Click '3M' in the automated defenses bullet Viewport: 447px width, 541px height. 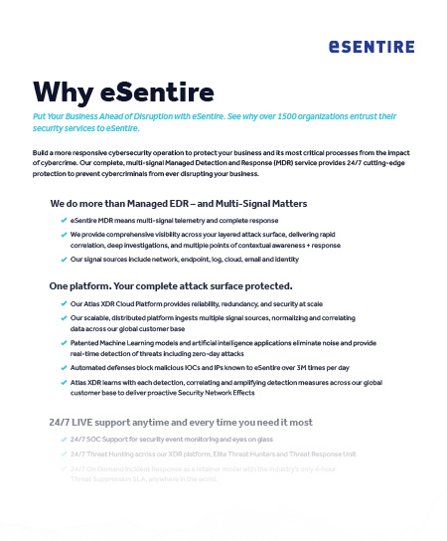[326, 366]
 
